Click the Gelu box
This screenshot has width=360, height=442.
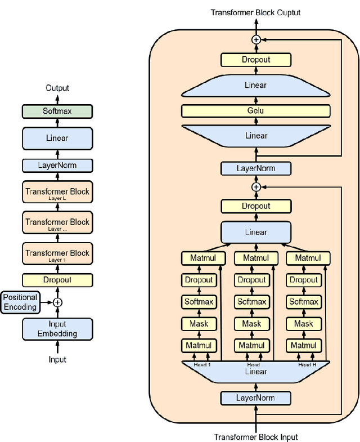[x=256, y=110]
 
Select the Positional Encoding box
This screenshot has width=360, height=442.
[x=20, y=302]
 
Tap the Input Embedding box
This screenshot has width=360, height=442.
[x=57, y=329]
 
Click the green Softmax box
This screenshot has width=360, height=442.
[x=57, y=111]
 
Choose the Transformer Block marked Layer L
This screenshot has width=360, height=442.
[x=57, y=193]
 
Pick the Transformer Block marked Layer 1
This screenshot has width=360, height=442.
[x=57, y=254]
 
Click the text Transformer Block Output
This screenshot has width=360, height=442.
[x=256, y=12]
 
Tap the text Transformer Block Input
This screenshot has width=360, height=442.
[x=256, y=437]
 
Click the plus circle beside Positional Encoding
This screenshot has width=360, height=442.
[x=57, y=302]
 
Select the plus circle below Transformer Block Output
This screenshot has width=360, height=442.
[x=256, y=39]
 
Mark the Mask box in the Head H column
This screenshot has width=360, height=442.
[x=304, y=324]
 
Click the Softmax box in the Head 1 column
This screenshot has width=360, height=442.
[x=199, y=302]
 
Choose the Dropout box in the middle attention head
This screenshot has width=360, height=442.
[x=251, y=280]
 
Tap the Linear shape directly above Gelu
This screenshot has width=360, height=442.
[x=256, y=85]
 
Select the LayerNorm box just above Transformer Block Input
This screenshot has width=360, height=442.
[x=256, y=398]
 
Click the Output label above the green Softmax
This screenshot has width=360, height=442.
[x=57, y=88]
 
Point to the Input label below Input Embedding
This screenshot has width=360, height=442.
[x=57, y=359]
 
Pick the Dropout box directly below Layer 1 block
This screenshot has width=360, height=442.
[x=57, y=280]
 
